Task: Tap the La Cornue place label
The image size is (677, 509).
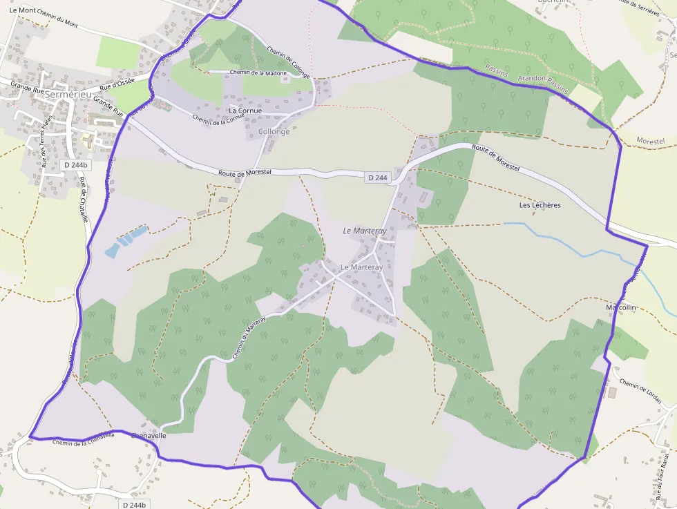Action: pos(245,111)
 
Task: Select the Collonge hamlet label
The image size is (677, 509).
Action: pos(274,131)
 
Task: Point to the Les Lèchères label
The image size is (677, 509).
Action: pos(540,205)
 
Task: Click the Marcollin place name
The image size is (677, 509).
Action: pos(620,307)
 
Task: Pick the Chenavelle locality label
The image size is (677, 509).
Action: pos(148,436)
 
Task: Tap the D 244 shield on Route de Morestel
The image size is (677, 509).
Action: pos(378,178)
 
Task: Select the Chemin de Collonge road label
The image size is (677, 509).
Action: pos(288,61)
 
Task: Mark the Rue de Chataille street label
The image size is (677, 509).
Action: pos(84,200)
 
